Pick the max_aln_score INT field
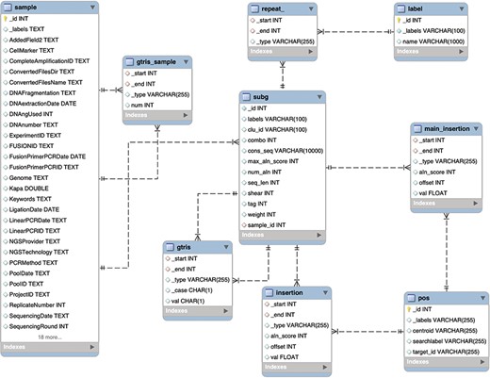coord(277,161)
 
